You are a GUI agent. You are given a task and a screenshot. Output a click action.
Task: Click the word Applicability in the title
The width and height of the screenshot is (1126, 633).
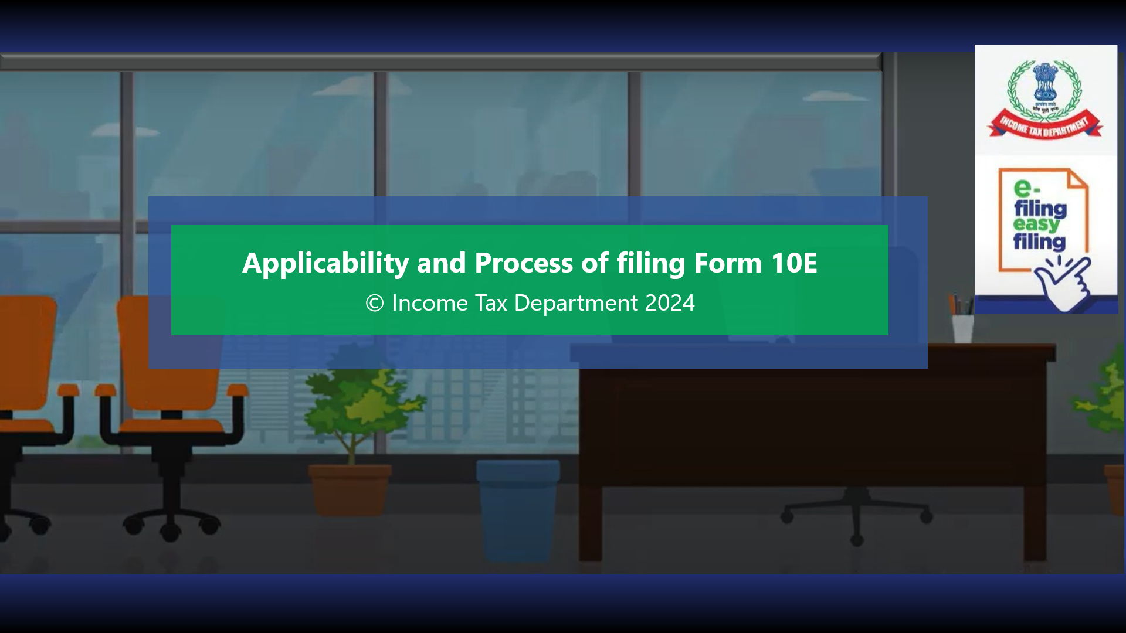[x=325, y=263]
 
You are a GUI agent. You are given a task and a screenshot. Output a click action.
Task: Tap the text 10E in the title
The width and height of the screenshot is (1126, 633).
[x=793, y=263]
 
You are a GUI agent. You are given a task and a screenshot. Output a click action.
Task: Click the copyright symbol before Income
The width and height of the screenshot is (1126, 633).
[x=374, y=303]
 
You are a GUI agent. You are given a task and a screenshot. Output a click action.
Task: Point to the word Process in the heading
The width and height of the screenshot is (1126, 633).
[x=523, y=263]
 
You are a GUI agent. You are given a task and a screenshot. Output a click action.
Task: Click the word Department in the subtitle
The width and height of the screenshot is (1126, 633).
[x=575, y=303]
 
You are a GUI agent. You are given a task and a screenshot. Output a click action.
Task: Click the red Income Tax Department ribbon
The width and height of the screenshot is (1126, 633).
[x=1044, y=126]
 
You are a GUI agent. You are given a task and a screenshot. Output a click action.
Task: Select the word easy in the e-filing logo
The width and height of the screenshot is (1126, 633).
[x=1036, y=224]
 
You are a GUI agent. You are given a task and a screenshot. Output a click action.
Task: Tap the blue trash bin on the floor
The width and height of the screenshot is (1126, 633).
[x=517, y=504]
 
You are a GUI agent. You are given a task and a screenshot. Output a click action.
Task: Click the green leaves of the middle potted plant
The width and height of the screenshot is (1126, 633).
[x=358, y=399]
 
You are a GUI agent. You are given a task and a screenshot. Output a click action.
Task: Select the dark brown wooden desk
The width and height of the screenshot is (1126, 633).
[x=809, y=422]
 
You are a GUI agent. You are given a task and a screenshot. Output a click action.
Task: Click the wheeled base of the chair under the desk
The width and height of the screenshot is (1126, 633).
[x=856, y=516]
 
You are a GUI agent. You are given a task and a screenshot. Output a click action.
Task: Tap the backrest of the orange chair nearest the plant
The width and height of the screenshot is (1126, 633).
[x=170, y=352]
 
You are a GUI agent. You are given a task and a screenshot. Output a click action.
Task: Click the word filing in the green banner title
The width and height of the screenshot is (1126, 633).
[x=650, y=263]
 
